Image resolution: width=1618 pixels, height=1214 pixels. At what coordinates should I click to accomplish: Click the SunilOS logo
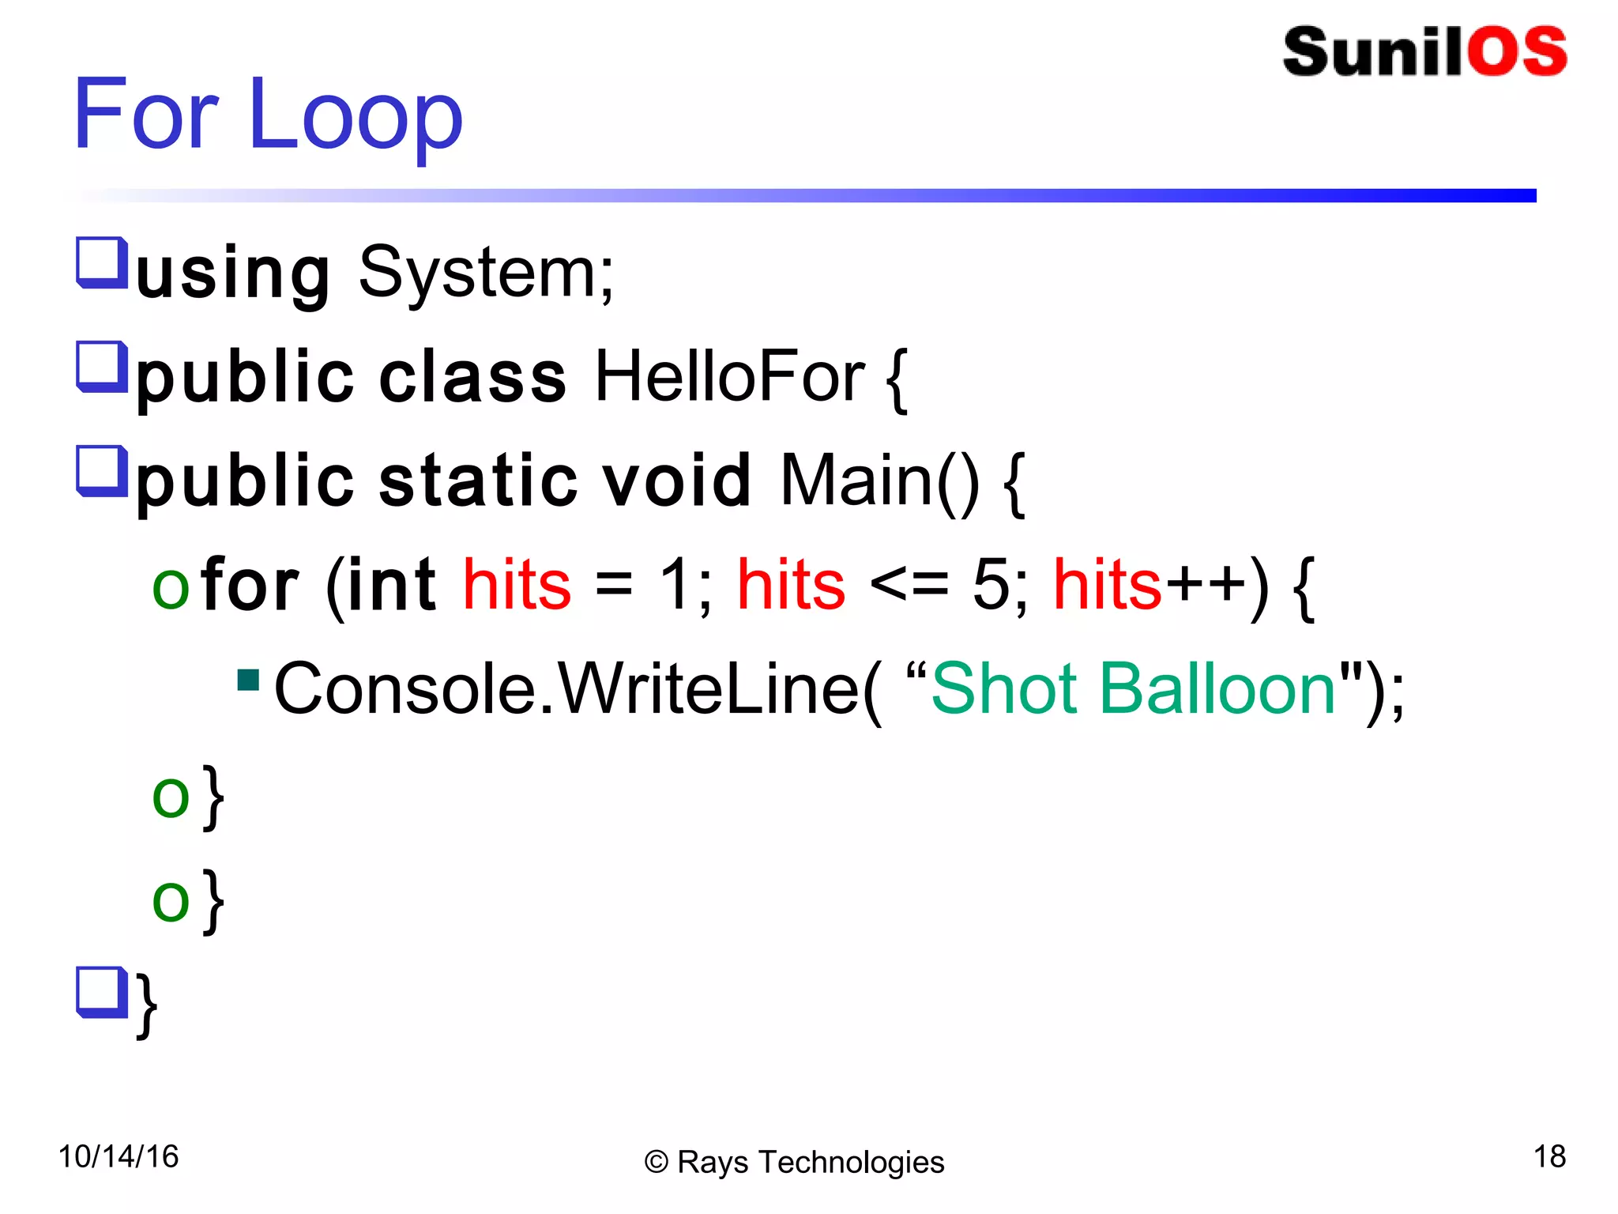click(x=1424, y=52)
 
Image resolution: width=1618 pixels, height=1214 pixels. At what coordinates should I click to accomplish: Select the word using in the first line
click(x=233, y=273)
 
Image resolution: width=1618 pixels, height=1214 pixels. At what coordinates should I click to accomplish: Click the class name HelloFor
click(x=729, y=377)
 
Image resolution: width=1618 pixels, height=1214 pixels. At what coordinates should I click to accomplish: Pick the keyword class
click(x=472, y=377)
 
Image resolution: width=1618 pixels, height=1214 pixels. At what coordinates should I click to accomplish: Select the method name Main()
click(x=879, y=481)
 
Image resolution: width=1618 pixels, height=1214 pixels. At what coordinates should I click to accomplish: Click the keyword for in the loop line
click(x=250, y=585)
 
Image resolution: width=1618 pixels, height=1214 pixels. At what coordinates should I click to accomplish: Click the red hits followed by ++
click(x=1107, y=585)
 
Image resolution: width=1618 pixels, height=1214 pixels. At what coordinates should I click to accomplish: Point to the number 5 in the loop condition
click(x=991, y=585)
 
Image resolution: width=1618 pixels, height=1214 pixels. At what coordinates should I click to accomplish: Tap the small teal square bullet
click(x=248, y=680)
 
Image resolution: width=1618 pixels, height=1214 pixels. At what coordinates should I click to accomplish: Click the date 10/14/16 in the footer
click(x=119, y=1156)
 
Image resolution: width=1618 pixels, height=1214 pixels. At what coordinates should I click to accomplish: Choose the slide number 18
click(x=1549, y=1156)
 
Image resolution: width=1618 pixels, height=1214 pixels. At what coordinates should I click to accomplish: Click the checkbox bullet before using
click(x=101, y=262)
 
